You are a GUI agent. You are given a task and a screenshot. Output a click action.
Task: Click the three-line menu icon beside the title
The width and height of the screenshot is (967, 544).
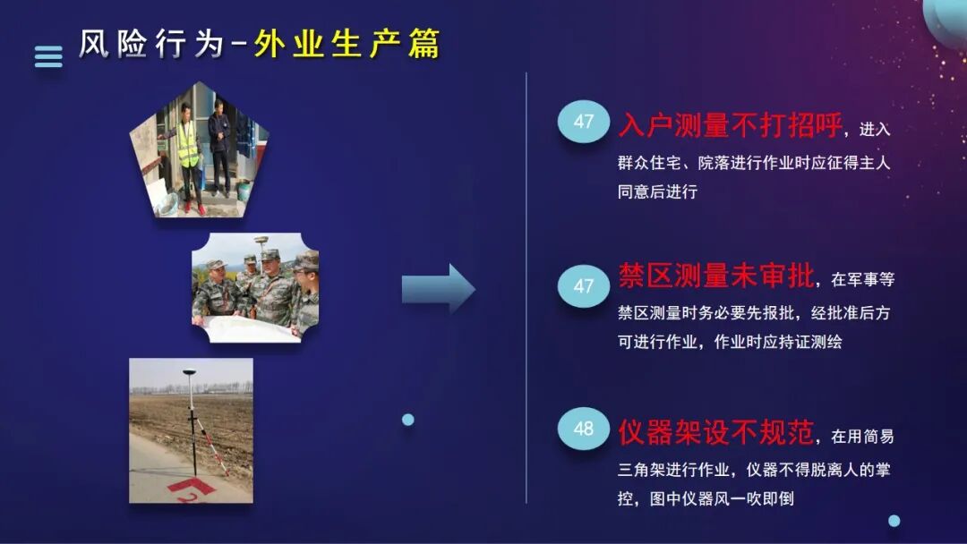tap(48, 56)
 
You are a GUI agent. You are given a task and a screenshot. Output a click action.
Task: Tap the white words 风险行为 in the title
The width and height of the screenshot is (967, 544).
tap(150, 44)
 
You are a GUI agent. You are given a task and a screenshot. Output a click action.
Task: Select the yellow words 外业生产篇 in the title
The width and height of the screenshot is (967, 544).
tap(347, 44)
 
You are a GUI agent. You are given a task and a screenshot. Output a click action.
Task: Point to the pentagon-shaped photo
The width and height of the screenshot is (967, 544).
tap(200, 152)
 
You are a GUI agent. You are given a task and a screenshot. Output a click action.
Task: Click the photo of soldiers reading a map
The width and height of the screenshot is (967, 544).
tap(255, 287)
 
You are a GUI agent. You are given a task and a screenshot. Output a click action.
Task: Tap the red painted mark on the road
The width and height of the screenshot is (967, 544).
tap(193, 489)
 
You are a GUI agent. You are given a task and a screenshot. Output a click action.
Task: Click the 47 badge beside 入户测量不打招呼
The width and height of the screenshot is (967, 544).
tap(584, 122)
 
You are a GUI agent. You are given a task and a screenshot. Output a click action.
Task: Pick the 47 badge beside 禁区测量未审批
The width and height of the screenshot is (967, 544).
tap(584, 286)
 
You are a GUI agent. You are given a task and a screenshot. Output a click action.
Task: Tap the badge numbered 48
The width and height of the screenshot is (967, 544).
tap(584, 429)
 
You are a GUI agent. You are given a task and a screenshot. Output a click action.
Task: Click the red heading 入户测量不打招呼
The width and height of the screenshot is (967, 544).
tap(731, 126)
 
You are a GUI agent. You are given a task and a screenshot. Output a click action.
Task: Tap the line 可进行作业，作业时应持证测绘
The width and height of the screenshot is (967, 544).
tap(730, 342)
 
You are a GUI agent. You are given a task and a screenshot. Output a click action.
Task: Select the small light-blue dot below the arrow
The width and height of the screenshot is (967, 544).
tap(408, 419)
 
